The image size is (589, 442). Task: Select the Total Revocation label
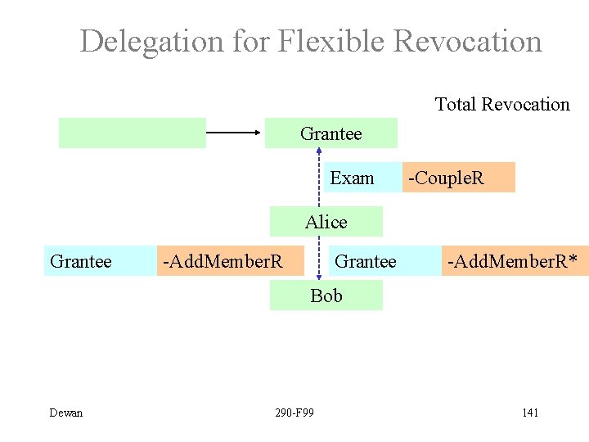click(x=502, y=104)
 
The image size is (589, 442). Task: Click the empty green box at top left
click(x=133, y=133)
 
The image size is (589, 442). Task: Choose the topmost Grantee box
click(x=331, y=133)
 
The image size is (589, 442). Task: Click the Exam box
click(x=352, y=178)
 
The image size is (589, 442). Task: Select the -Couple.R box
click(x=458, y=178)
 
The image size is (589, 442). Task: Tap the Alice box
click(x=326, y=222)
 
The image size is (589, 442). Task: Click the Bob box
click(x=326, y=295)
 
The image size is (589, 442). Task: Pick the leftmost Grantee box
click(x=81, y=261)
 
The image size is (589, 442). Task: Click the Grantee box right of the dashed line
click(x=366, y=261)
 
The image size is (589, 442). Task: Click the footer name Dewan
click(x=66, y=413)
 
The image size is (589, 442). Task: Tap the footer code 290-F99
click(x=295, y=413)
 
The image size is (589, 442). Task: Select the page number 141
click(x=530, y=413)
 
